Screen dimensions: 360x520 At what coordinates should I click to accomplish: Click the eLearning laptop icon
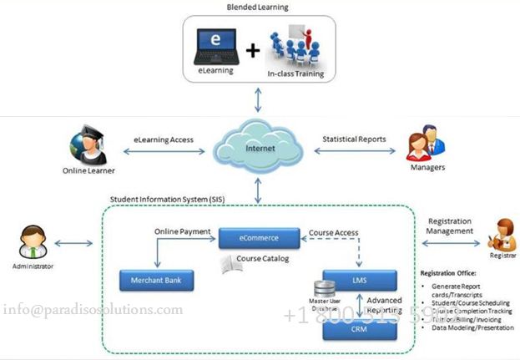pos(216,48)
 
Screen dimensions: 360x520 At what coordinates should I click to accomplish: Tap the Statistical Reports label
pos(354,139)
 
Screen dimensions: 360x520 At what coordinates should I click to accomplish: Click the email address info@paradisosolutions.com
pos(93,310)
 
